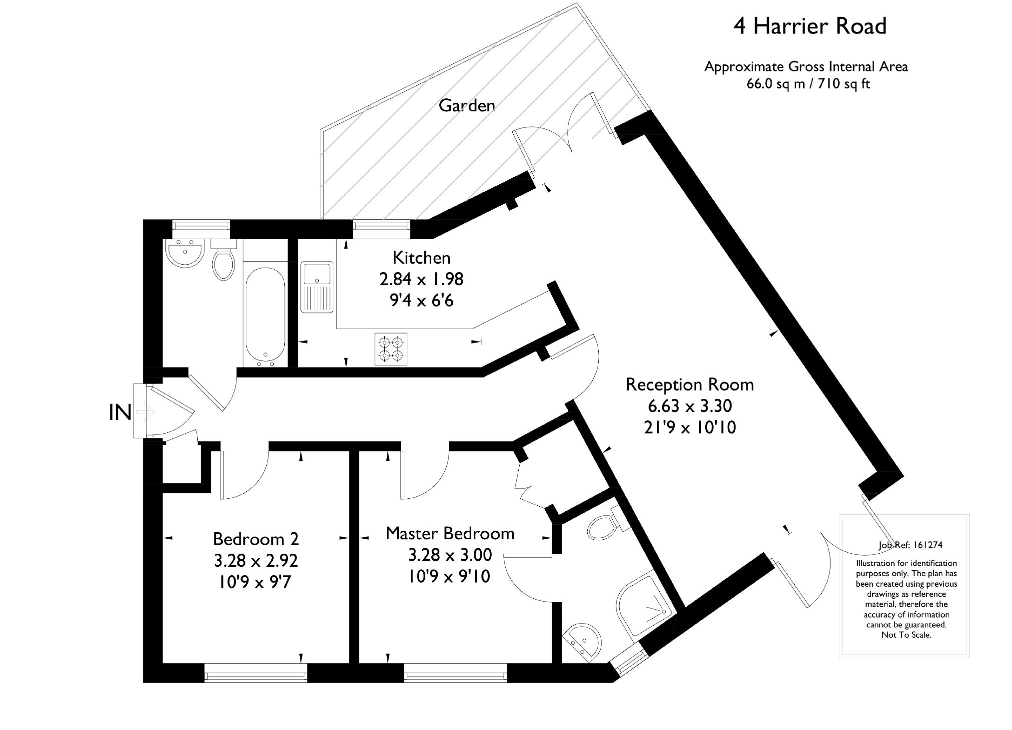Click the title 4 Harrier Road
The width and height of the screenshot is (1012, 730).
[810, 26]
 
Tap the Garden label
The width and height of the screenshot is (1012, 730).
[467, 105]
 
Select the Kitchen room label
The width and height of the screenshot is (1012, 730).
[421, 258]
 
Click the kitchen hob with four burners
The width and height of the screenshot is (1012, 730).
[391, 349]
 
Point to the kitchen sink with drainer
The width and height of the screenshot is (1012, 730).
[316, 287]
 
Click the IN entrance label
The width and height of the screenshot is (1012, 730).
[120, 413]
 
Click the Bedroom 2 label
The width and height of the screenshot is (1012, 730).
[256, 539]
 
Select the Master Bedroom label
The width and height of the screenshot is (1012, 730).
[450, 533]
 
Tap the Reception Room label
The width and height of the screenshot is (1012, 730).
[690, 384]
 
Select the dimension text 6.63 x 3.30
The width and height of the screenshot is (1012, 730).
[690, 406]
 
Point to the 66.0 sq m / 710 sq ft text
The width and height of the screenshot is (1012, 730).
[808, 84]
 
